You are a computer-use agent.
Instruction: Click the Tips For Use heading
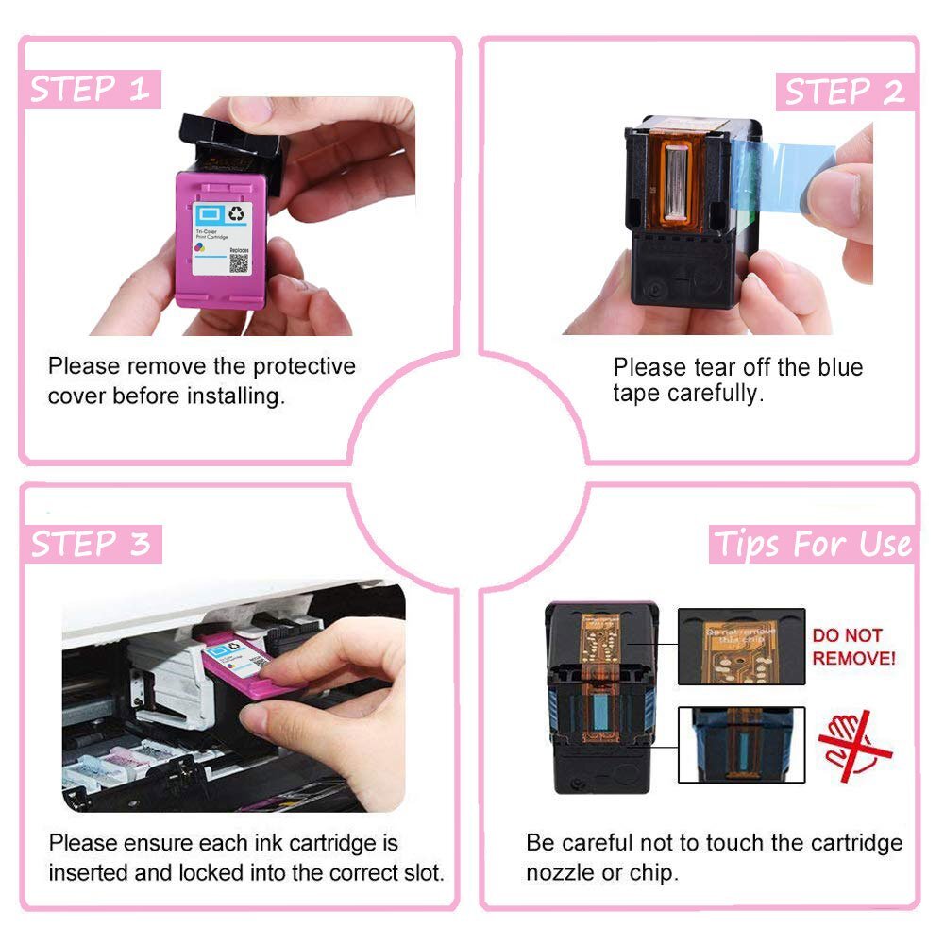point(812,545)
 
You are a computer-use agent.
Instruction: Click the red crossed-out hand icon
point(853,740)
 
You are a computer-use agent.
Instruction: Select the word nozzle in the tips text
point(560,872)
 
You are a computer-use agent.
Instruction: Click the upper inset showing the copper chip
point(741,646)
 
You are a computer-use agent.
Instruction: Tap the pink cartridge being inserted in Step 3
point(241,661)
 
